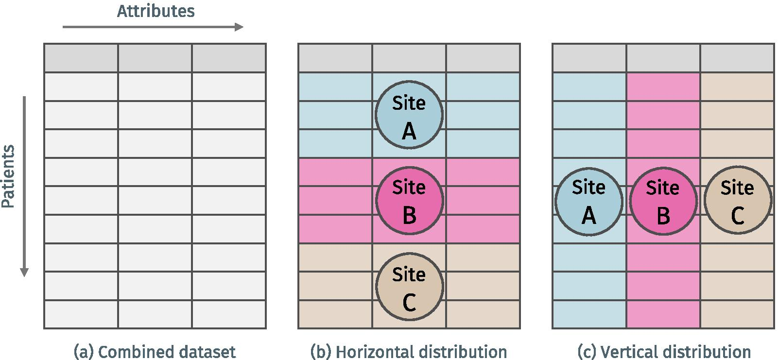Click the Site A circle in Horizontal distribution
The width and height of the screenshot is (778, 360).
point(409,115)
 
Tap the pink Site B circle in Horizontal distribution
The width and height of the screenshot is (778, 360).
point(409,200)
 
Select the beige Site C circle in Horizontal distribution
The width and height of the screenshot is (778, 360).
point(410,287)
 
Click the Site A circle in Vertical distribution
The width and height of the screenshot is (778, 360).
point(589,201)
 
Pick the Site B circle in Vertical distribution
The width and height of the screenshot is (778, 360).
point(663,201)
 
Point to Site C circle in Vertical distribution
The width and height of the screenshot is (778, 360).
point(738,200)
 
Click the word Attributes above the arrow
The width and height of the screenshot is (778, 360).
point(156,11)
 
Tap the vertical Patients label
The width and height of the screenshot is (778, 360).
point(8,176)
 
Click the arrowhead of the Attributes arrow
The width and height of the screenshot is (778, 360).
point(239,27)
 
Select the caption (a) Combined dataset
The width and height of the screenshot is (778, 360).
point(155,351)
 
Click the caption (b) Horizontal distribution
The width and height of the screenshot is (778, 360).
point(409,351)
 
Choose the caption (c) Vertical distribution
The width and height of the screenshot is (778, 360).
point(664,351)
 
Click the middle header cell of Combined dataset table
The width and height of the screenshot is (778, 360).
point(155,58)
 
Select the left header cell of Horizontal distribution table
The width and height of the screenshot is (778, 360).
point(335,58)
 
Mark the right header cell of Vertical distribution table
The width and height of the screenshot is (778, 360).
point(737,58)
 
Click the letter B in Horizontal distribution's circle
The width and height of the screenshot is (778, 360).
point(410,215)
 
